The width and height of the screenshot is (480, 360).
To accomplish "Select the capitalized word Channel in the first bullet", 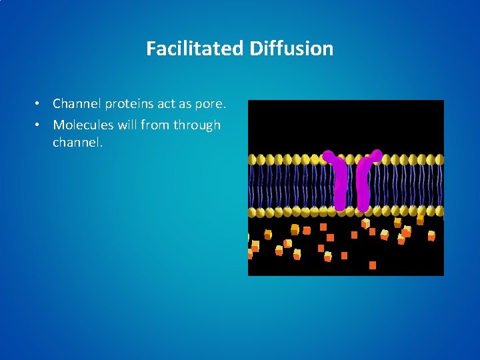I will (x=77, y=103).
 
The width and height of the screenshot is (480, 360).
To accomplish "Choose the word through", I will (x=197, y=125).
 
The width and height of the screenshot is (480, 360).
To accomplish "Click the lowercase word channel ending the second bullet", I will (x=77, y=142).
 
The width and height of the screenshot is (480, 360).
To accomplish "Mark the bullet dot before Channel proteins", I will (x=40, y=104).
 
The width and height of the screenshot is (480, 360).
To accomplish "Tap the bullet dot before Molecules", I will (x=40, y=125).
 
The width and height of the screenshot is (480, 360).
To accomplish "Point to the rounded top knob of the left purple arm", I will (x=329, y=156).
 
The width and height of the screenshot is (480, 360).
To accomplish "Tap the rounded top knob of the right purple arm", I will (x=377, y=155).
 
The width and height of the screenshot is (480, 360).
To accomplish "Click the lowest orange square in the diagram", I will (x=373, y=265).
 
